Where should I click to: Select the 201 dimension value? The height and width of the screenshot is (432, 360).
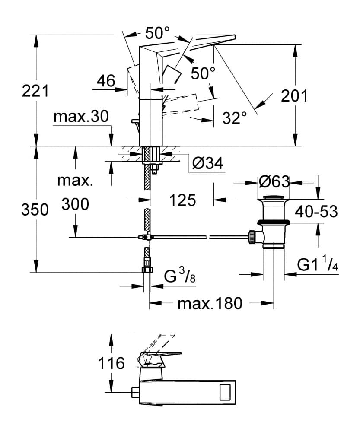294,95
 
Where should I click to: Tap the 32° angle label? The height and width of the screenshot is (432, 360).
235,118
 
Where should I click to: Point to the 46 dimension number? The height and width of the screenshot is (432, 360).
105,81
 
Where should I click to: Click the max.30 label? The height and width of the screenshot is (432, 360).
81,117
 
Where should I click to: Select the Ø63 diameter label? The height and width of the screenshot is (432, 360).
274,182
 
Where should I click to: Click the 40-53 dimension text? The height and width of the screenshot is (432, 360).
317,211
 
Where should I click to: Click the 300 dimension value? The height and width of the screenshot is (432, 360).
75,204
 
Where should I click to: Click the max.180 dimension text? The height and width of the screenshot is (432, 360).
210,304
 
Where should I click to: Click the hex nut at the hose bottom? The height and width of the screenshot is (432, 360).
147,270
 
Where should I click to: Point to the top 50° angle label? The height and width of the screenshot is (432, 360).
157,32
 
